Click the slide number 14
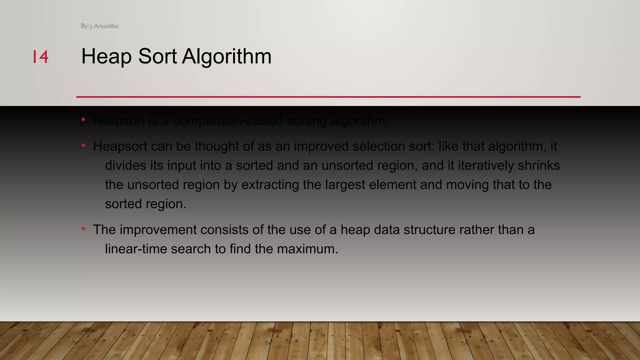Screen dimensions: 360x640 coord(41,57)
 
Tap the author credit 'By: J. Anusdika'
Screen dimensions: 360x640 coord(99,26)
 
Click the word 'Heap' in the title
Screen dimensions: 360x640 coord(106,57)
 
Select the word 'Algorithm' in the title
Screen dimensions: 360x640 coord(227,57)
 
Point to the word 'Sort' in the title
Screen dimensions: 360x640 coord(157,57)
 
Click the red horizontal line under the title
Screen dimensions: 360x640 coord(328,97)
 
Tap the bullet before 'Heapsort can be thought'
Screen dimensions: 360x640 coord(83,145)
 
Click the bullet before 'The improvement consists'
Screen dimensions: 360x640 coord(83,229)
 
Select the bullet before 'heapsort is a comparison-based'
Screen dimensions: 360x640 coord(83,119)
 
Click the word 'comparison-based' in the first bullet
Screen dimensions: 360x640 coord(228,121)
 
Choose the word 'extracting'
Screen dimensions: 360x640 coord(270,185)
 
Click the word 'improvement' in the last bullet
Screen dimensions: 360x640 coord(158,230)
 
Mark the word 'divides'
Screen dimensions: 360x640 coord(125,166)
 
